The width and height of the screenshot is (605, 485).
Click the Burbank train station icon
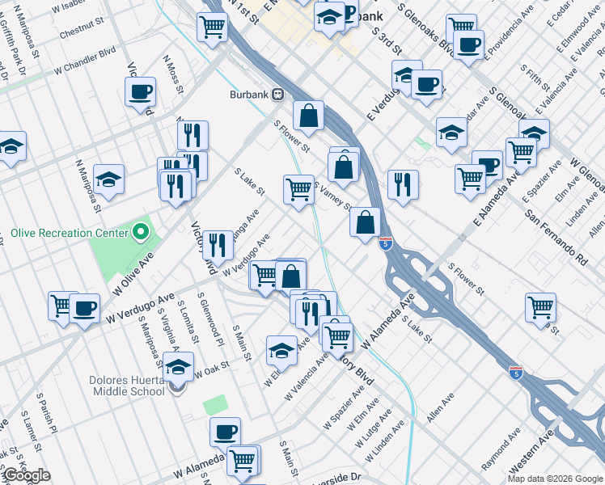coord(277,95)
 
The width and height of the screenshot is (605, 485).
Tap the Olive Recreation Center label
coord(70,234)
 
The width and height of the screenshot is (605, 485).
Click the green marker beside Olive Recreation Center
coord(141,234)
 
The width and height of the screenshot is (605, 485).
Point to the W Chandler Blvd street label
coord(87,66)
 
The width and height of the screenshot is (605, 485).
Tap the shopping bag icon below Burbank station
coord(308,116)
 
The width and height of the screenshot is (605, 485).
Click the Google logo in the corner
coord(27,476)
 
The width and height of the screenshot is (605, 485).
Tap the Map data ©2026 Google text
coord(555,479)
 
